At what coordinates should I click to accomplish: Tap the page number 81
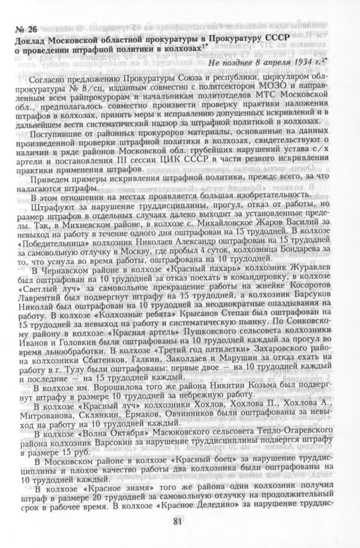[x=177, y=521]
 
